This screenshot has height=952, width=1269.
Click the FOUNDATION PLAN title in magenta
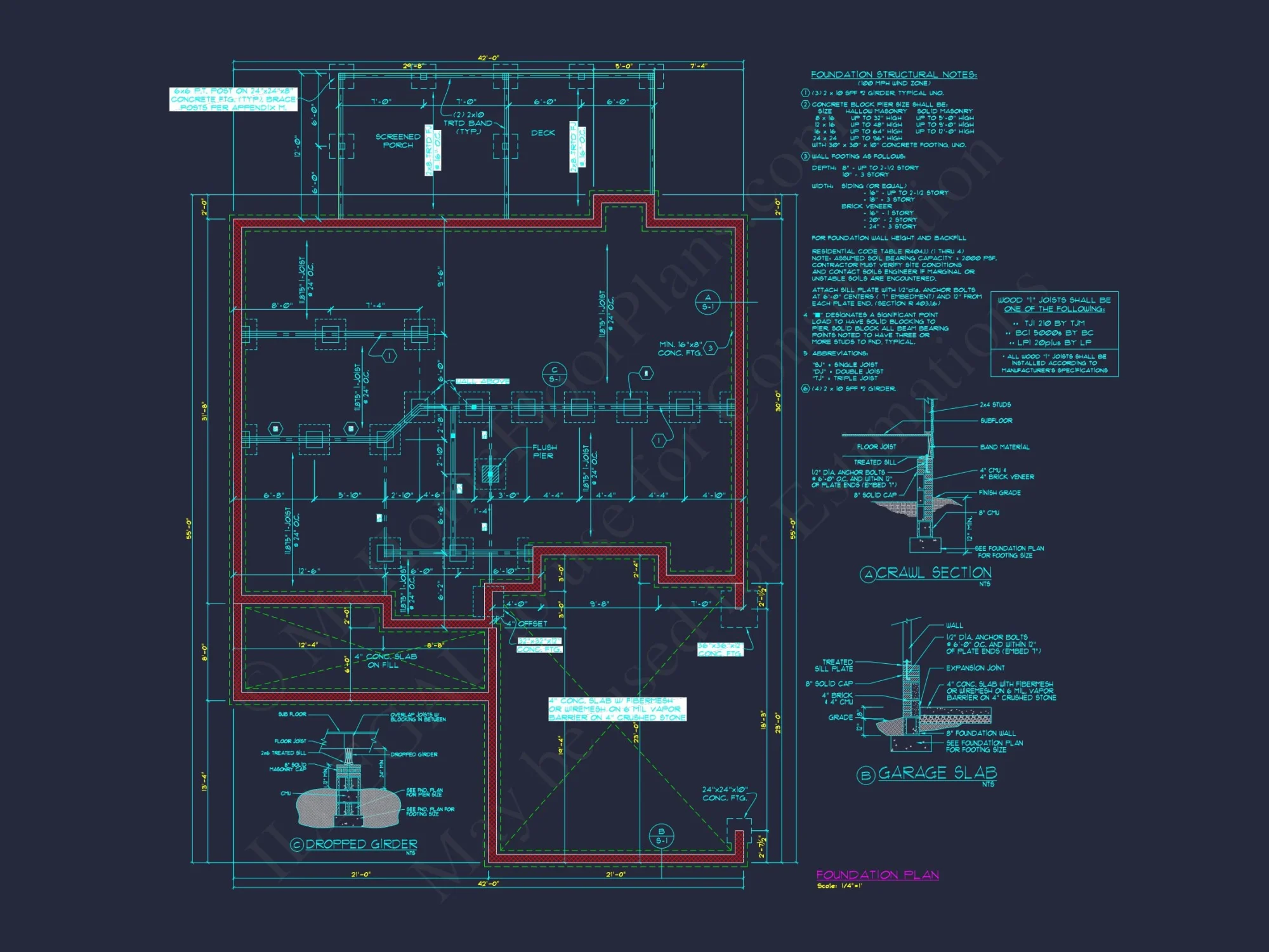tap(877, 875)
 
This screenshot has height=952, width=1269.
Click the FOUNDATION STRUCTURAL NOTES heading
tap(893, 75)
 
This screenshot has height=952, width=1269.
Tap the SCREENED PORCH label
tap(398, 141)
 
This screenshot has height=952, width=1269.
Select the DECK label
tap(542, 133)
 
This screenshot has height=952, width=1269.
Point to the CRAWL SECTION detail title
tap(933, 573)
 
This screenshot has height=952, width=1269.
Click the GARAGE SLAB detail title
tap(937, 773)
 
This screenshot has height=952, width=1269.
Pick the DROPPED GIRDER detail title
tap(360, 845)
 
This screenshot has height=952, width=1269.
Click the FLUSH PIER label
tap(544, 452)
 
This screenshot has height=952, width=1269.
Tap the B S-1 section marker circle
tap(661, 836)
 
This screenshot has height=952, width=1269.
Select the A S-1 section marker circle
tap(707, 302)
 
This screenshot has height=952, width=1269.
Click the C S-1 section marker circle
tap(554, 374)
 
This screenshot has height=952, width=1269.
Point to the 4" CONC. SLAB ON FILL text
tap(385, 661)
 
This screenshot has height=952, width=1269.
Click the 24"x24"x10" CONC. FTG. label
tap(725, 794)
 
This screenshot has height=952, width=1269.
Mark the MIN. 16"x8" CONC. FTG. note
tap(680, 348)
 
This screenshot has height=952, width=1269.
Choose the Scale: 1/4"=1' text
tap(839, 886)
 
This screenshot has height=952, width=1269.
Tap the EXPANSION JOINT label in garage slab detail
tap(975, 668)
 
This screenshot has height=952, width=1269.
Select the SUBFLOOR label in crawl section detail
tap(996, 421)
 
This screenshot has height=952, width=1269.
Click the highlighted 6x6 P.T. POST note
tap(233, 100)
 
